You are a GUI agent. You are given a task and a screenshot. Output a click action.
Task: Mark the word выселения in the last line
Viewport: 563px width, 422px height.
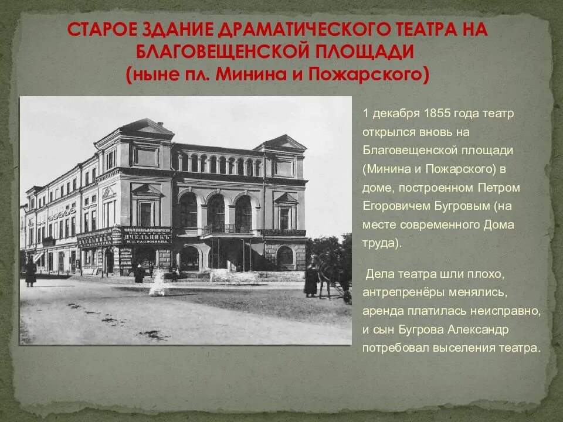click(x=459, y=348)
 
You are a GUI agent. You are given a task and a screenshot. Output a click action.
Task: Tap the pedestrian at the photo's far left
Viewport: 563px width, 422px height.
click(x=30, y=273)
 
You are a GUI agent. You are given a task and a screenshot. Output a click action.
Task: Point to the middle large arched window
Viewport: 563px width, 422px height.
click(x=216, y=213)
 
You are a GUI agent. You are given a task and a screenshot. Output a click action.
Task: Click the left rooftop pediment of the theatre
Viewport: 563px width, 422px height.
click(x=147, y=127)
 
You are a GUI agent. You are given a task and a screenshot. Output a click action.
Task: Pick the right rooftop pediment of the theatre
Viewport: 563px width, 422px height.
click(x=282, y=142)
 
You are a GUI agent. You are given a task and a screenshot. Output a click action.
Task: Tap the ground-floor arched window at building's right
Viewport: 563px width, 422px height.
click(x=285, y=256)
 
